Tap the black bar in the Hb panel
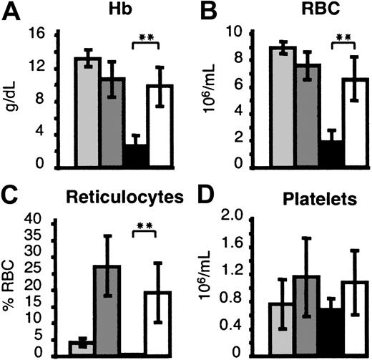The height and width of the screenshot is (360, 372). (134, 155)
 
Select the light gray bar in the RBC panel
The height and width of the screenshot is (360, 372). (288, 107)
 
